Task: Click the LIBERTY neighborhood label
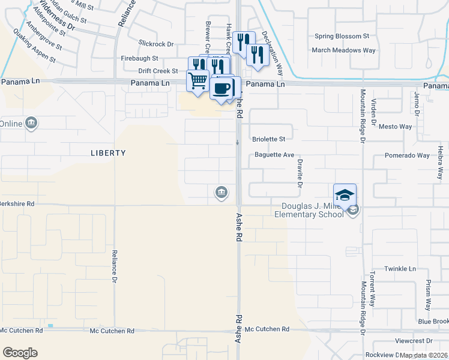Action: pos(108,153)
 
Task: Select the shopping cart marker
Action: pos(197,80)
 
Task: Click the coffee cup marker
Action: pos(221,88)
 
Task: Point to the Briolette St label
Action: pos(268,139)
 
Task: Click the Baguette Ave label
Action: pos(274,155)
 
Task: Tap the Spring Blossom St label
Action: pos(342,37)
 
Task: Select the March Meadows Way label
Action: pos(345,50)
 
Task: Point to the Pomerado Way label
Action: pos(407,155)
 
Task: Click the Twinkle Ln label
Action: pos(400,269)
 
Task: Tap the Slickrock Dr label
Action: pos(155,44)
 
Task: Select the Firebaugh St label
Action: pos(139,58)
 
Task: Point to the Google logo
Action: pos(20,352)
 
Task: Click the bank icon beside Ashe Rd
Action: pos(220,193)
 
